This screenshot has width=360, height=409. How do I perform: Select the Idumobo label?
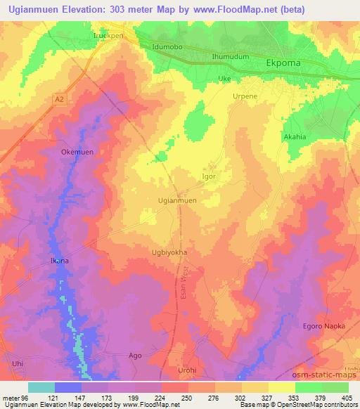(x=167, y=47)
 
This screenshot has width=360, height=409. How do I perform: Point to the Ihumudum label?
(x=229, y=56)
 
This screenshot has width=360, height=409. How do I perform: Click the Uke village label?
(x=224, y=79)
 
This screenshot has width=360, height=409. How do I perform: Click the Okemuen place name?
(x=77, y=152)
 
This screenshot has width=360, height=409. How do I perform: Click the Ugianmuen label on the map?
(x=177, y=201)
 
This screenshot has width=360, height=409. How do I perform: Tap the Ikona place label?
(x=59, y=261)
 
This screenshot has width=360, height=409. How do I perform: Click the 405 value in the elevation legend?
(x=345, y=397)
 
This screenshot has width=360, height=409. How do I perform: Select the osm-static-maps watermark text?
(x=328, y=378)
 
